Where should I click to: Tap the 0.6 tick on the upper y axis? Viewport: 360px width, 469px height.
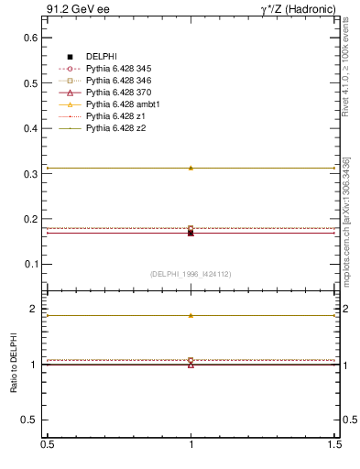point(33,38)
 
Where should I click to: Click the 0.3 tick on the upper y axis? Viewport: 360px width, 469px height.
point(33,173)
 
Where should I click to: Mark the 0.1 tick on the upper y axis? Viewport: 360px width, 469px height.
point(33,264)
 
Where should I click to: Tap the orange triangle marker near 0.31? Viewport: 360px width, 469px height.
point(191,168)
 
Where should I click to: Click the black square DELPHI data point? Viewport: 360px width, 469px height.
point(191,233)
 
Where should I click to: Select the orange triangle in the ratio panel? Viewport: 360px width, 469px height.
point(191,315)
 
